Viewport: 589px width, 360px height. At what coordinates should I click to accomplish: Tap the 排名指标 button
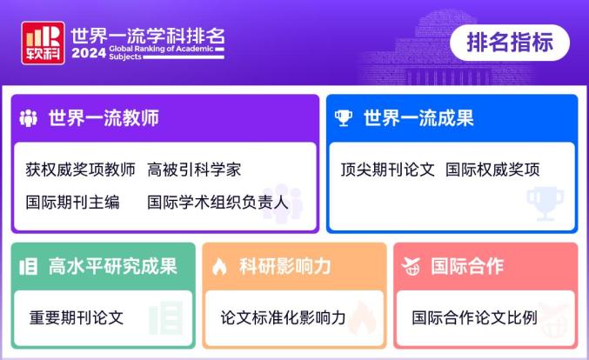pyautogui.click(x=510, y=42)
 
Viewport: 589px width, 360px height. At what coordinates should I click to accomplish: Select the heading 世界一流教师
pyautogui.click(x=104, y=118)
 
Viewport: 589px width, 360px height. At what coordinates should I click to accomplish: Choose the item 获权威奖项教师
pyautogui.click(x=80, y=170)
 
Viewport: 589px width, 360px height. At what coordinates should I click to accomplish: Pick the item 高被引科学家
pyautogui.click(x=194, y=170)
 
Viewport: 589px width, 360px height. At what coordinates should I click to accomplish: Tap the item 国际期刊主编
pyautogui.click(x=72, y=203)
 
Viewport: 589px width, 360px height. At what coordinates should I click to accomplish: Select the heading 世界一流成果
pyautogui.click(x=418, y=118)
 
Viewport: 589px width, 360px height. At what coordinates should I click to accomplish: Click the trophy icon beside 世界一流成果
pyautogui.click(x=345, y=118)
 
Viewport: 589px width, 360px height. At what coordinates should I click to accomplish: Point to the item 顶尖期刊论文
pyautogui.click(x=387, y=170)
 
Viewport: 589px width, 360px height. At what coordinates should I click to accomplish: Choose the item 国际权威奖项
pyautogui.click(x=492, y=170)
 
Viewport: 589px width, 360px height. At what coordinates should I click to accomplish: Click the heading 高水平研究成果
pyautogui.click(x=112, y=266)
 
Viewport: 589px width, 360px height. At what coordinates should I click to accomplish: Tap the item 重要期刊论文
pyautogui.click(x=77, y=317)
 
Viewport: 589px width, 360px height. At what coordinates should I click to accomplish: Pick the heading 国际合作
pyautogui.click(x=467, y=266)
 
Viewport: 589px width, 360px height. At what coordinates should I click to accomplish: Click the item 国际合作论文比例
pyautogui.click(x=475, y=317)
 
